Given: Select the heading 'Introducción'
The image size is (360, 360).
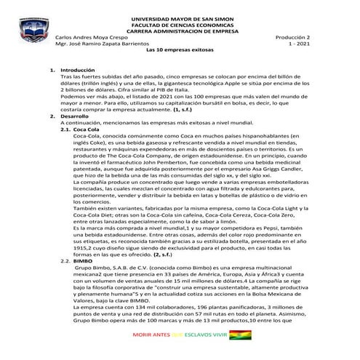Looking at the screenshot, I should [76, 70].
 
